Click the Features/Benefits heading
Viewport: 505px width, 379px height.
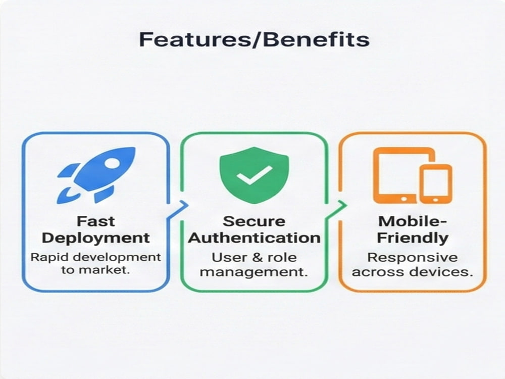254,39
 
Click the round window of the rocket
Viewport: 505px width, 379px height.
112,164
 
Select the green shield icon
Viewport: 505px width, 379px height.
254,175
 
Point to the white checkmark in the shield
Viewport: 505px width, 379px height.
254,175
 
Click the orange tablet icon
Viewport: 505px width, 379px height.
404,175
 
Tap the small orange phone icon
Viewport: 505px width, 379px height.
435,184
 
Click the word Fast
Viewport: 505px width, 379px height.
95,221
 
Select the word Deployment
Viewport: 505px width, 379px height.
95,238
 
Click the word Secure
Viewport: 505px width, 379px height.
254,221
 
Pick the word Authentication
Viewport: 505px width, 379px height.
254,238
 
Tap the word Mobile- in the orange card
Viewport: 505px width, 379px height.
413,221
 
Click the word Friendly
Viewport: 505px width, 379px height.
413,238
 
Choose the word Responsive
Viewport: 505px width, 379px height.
413,258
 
